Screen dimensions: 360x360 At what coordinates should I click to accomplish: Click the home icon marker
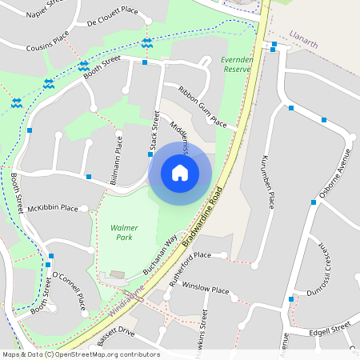180,172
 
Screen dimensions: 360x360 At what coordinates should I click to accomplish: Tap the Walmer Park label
124,232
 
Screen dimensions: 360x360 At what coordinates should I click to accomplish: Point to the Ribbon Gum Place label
202,107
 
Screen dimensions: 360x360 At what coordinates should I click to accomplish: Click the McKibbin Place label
53,208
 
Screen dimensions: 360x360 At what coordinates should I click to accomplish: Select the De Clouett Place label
113,15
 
